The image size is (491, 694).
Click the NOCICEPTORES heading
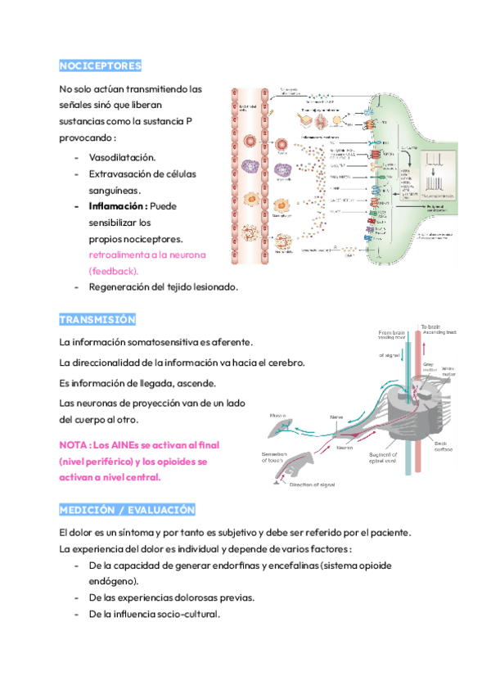(x=101, y=65)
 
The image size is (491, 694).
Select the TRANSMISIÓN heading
(x=97, y=319)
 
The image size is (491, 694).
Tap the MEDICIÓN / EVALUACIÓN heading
(x=127, y=510)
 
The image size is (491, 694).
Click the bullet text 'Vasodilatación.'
(x=122, y=156)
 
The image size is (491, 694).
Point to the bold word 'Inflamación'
(x=115, y=206)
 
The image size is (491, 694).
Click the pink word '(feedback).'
(x=114, y=270)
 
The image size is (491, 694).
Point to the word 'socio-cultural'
(x=188, y=615)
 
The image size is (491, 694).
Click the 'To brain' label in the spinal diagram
(x=433, y=327)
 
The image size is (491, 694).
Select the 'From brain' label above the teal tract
(x=392, y=333)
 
